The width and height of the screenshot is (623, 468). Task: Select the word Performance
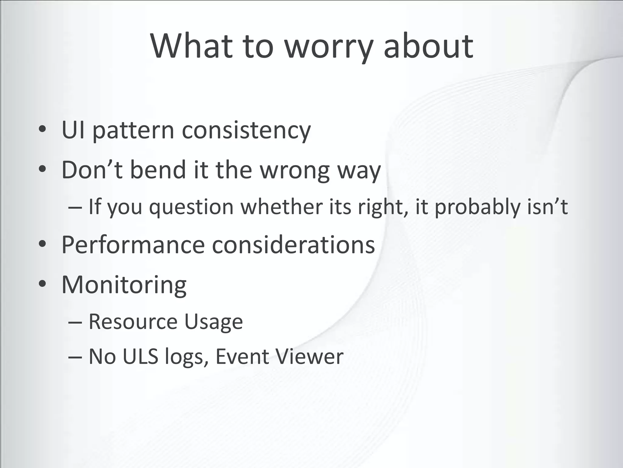[x=133, y=245]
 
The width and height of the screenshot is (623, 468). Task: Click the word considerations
[x=293, y=245]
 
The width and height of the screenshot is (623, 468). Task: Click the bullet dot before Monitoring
[x=42, y=284]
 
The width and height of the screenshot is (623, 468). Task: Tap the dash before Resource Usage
[x=75, y=322]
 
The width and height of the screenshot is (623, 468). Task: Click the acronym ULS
[x=140, y=356]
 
